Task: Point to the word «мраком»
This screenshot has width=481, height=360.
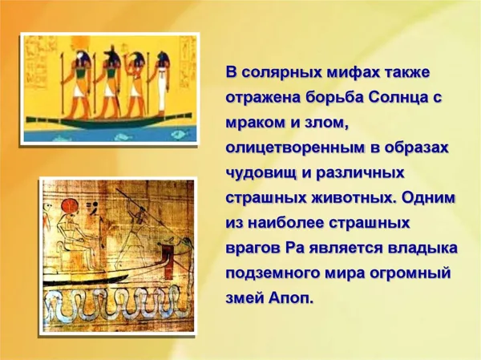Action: tap(253, 123)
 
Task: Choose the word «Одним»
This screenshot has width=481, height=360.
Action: tap(428, 197)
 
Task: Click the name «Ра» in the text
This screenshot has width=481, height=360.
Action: tap(295, 249)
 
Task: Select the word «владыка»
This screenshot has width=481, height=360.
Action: tap(422, 249)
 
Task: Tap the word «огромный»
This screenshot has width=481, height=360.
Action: tap(410, 273)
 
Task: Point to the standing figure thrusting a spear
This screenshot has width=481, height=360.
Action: tap(135, 233)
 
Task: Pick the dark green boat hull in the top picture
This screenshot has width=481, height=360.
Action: tap(110, 121)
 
